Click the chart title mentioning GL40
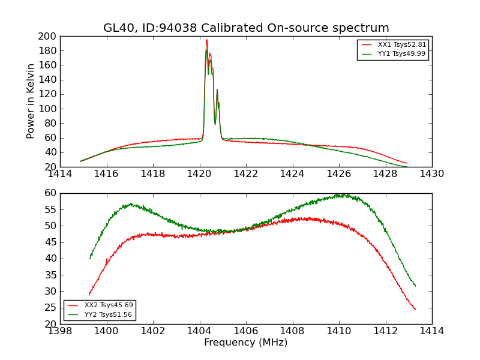[246, 28]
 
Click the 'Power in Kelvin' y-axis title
[31, 101]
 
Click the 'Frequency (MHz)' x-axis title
[246, 343]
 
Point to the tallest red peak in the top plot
[206, 40]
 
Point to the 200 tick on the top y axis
[49, 36]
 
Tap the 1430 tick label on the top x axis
[432, 174]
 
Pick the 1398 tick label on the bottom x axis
[60, 331]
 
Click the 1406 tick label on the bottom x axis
[246, 331]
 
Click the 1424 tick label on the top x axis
[292, 174]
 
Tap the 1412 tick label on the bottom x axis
[385, 331]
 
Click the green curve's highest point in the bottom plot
[340, 194]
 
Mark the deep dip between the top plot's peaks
[215, 124]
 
